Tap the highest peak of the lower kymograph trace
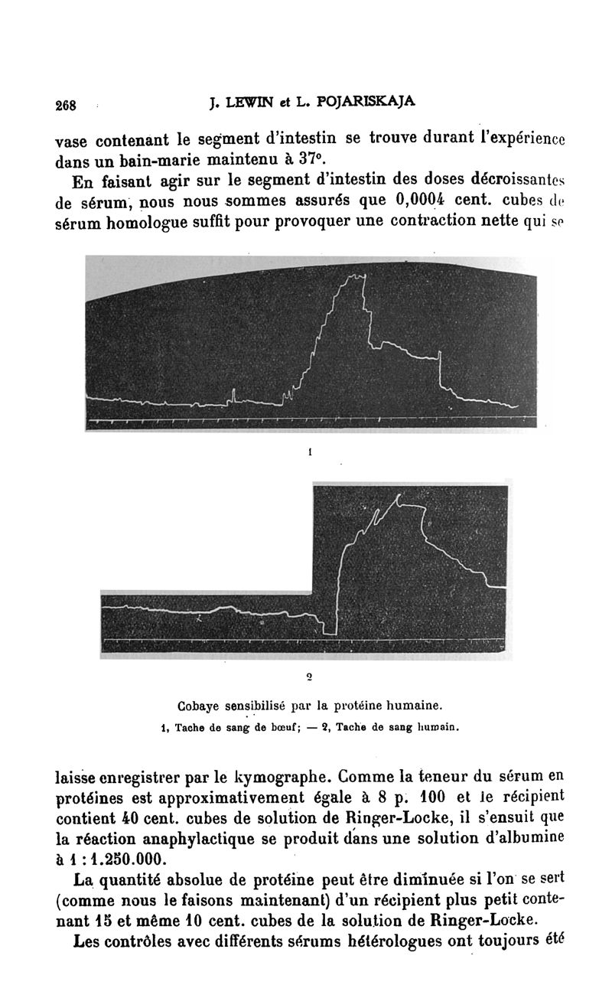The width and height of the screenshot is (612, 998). pos(399,498)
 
